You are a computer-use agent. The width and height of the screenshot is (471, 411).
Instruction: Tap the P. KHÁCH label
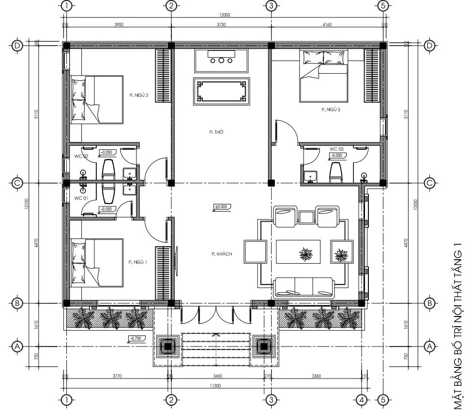click(x=220, y=253)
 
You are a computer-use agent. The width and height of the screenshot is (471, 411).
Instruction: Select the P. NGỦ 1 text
click(x=138, y=262)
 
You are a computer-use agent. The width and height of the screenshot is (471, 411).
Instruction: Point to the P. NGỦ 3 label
click(x=331, y=110)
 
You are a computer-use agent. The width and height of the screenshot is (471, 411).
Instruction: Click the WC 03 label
click(x=336, y=149)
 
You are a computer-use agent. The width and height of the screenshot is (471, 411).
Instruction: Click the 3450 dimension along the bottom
click(x=217, y=376)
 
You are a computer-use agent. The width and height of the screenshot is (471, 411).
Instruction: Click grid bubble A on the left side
click(x=17, y=347)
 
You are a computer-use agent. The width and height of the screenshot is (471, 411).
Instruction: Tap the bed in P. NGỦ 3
click(x=323, y=76)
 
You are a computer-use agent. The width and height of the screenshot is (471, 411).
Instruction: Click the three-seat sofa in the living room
click(x=304, y=287)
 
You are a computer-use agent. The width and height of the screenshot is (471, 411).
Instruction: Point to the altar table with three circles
click(x=222, y=61)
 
